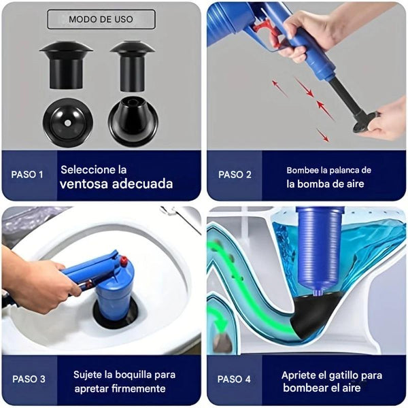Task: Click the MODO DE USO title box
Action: [101, 19]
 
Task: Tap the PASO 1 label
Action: [27, 175]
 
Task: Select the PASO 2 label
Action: [235, 175]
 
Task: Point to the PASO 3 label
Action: [29, 379]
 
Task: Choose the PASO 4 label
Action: [234, 379]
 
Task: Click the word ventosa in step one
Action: [84, 184]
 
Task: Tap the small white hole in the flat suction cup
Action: [67, 123]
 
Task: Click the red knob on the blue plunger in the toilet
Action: [123, 260]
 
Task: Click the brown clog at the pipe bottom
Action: [222, 342]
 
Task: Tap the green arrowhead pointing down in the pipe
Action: [220, 324]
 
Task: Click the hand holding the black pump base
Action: [386, 120]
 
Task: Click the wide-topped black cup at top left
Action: [66, 65]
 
